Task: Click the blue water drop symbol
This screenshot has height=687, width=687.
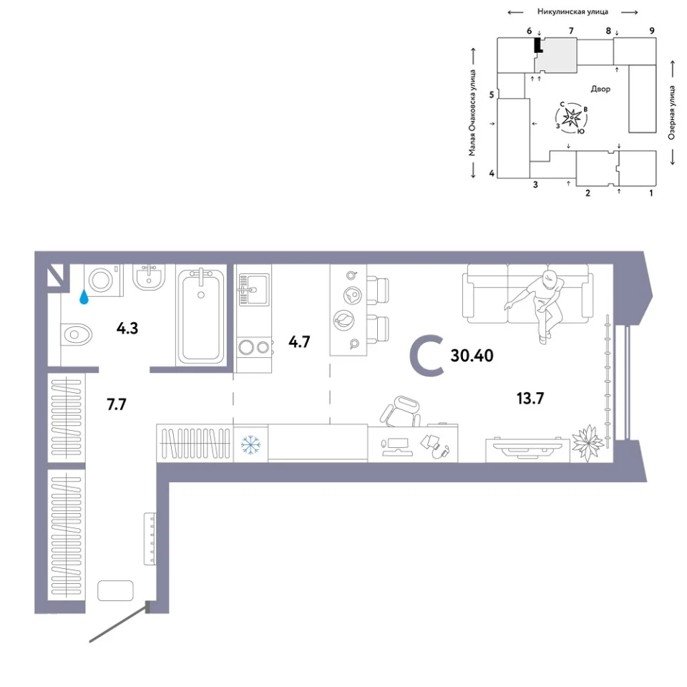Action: click(x=84, y=298)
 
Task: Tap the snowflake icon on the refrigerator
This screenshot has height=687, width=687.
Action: click(x=250, y=444)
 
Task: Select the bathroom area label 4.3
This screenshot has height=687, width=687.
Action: click(x=127, y=328)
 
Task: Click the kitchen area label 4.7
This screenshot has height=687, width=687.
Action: click(x=299, y=342)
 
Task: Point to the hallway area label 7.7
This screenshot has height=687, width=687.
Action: click(x=117, y=404)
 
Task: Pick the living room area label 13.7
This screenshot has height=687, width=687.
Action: click(x=530, y=399)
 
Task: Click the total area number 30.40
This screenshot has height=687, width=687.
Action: click(x=472, y=356)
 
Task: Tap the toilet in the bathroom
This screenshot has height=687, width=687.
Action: click(x=77, y=335)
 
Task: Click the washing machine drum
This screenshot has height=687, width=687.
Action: click(x=101, y=280)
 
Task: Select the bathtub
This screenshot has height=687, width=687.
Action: click(x=201, y=315)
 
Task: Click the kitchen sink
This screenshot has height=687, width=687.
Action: click(x=253, y=290)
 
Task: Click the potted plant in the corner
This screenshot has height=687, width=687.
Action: click(x=588, y=442)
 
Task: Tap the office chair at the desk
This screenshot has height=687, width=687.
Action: click(x=401, y=411)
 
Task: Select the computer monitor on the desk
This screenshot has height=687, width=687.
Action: click(x=396, y=447)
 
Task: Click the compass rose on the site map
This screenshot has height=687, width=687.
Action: click(x=572, y=117)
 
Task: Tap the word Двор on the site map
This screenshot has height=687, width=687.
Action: click(x=600, y=89)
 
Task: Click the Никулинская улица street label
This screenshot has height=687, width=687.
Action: click(x=572, y=12)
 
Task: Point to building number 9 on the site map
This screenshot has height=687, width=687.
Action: click(x=652, y=31)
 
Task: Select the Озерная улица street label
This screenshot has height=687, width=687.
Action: click(x=672, y=112)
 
